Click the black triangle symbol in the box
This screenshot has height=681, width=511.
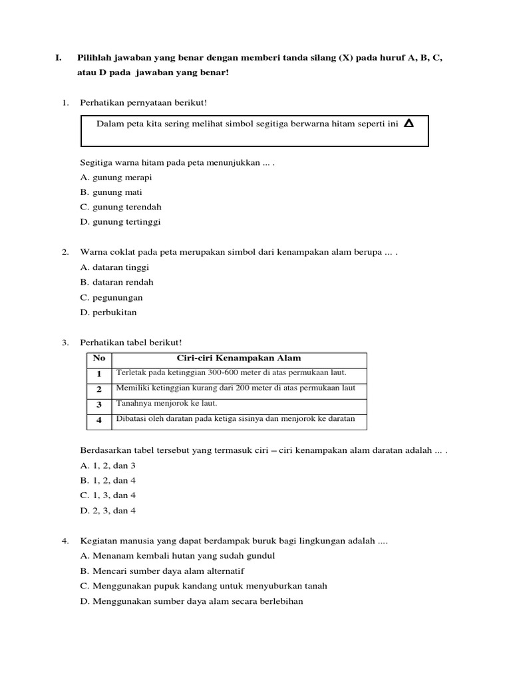pyautogui.click(x=409, y=123)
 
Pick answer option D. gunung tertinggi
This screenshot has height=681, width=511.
pyautogui.click(x=120, y=222)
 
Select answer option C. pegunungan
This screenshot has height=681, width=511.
pyautogui.click(x=111, y=297)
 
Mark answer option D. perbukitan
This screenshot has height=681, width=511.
pyautogui.click(x=108, y=312)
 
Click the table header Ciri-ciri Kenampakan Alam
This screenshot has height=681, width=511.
pyautogui.click(x=239, y=358)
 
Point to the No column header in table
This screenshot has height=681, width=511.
pyautogui.click(x=99, y=358)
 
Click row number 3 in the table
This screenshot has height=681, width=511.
pyautogui.click(x=99, y=404)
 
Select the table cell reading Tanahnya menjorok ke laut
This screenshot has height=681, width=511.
pyautogui.click(x=167, y=403)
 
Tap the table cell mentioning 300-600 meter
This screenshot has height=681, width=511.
pyautogui.click(x=232, y=372)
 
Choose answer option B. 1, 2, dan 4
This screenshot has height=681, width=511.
pyautogui.click(x=108, y=480)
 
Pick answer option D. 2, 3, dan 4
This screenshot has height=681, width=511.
pyautogui.click(x=108, y=510)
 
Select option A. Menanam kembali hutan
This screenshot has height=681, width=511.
pyautogui.click(x=177, y=555)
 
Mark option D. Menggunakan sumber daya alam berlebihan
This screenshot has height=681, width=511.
pyautogui.click(x=192, y=601)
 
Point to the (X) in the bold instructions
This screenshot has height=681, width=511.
pyautogui.click(x=347, y=58)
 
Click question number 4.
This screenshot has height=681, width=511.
pyautogui.click(x=65, y=541)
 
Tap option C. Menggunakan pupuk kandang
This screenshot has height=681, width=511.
pyautogui.click(x=203, y=586)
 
